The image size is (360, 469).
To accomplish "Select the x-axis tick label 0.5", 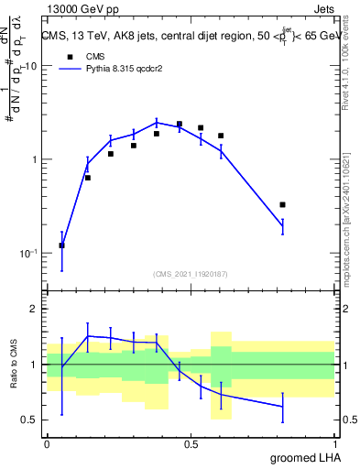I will coord(191,443).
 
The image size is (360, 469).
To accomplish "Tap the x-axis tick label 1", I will coord(335,443).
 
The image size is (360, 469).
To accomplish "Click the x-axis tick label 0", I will coord(47,443).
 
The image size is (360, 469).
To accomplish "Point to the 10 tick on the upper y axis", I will coord(29,67).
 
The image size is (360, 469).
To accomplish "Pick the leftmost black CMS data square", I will coord(61,245).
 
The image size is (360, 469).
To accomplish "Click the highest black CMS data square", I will coord(180,124).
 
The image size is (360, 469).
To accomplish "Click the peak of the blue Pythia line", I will coord(157,122).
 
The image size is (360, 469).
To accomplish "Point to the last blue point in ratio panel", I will coord(282,407).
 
